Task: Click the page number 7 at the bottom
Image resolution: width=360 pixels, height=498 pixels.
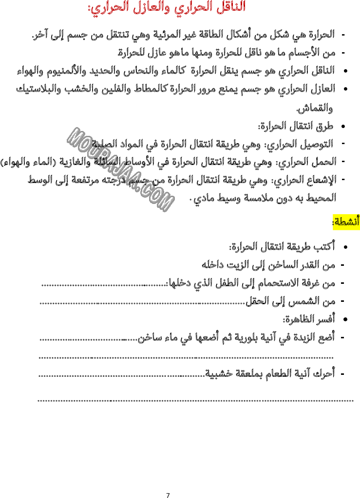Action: pos(168,495)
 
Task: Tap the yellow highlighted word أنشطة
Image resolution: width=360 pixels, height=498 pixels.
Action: pos(346,221)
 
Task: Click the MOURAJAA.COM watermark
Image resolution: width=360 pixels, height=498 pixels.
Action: pos(120,169)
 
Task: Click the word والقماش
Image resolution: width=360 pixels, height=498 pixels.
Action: pos(315,108)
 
